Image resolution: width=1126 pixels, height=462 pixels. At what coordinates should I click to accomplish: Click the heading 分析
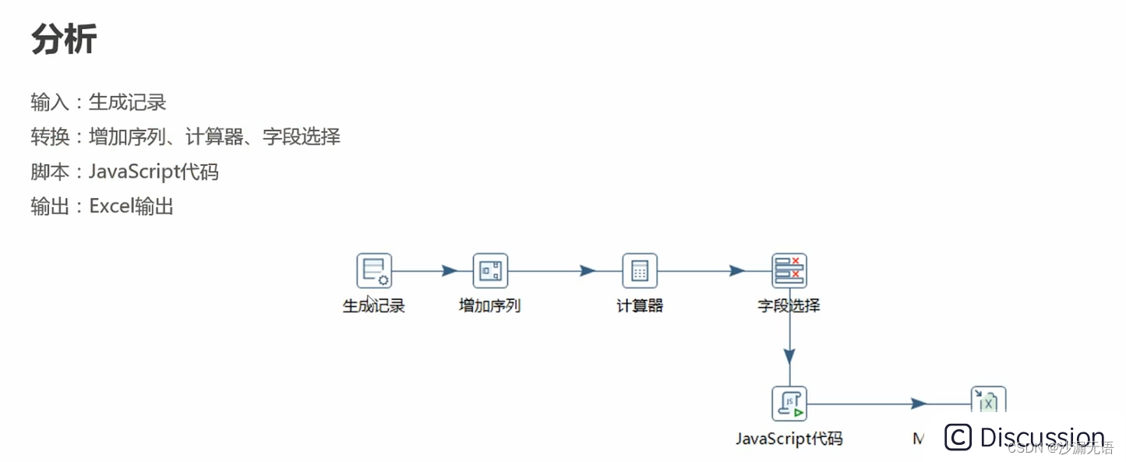[64, 39]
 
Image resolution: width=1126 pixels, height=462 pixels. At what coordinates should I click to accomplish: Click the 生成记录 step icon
[374, 271]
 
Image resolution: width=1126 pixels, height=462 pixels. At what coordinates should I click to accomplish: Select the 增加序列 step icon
[490, 271]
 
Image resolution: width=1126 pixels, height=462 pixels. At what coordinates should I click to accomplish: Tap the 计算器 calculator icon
[640, 271]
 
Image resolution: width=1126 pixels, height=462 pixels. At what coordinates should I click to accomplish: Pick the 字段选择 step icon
[789, 271]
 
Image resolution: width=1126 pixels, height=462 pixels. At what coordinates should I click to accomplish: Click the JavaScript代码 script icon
[789, 404]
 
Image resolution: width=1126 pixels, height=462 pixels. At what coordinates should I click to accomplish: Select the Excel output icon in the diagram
[988, 400]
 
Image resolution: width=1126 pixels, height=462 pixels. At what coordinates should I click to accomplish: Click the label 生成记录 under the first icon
[374, 306]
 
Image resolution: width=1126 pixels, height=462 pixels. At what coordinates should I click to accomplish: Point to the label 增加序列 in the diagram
[490, 306]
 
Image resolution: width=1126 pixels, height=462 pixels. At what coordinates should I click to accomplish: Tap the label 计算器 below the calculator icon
[640, 306]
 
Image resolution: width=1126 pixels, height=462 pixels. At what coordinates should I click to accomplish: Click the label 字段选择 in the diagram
[789, 306]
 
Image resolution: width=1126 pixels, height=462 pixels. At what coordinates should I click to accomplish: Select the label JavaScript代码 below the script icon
[789, 439]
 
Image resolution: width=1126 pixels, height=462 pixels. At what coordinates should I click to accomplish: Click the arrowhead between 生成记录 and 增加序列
[449, 271]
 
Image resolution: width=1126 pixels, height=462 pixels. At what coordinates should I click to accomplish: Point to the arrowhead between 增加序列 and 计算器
[588, 271]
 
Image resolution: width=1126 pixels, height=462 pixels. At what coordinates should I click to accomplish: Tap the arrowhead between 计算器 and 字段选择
[737, 271]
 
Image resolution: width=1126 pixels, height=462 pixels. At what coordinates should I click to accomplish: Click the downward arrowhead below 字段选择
[789, 356]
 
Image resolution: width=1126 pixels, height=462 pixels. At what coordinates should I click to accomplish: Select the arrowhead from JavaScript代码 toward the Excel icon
[919, 404]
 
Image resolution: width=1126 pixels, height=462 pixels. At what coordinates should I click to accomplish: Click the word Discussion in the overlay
[1042, 437]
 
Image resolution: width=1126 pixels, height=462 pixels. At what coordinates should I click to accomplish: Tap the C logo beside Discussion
[958, 437]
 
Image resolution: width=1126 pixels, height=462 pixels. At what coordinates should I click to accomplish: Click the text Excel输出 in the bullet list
[131, 206]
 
